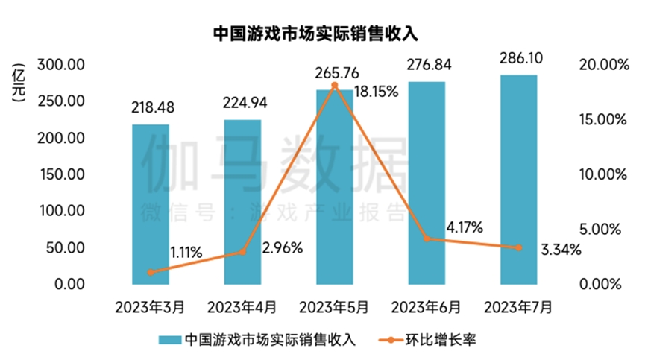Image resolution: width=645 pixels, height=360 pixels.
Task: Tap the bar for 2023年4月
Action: click(x=242, y=201)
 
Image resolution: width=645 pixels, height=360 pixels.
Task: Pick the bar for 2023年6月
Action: click(x=427, y=183)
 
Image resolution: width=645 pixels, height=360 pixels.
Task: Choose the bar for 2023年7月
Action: click(x=518, y=179)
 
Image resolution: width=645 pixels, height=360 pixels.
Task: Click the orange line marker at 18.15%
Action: click(x=335, y=86)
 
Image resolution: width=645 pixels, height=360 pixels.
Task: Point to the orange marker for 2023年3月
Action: click(x=151, y=272)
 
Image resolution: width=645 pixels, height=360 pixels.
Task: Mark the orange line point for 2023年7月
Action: click(x=518, y=247)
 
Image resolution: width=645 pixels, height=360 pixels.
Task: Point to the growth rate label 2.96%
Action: click(x=283, y=247)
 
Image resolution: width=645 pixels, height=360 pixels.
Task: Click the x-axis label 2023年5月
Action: click(x=335, y=306)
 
